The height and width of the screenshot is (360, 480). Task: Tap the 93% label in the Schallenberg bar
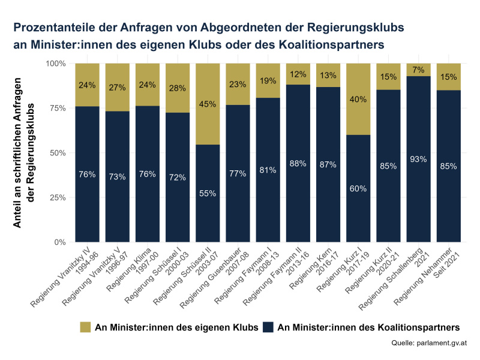(x=418, y=159)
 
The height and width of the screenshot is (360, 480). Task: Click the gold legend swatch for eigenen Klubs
(x=85, y=327)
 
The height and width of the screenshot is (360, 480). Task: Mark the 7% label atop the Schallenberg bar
(x=418, y=70)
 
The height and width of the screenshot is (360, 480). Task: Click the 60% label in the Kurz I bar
(x=358, y=188)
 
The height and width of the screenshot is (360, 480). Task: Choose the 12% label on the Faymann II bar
(x=298, y=74)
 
